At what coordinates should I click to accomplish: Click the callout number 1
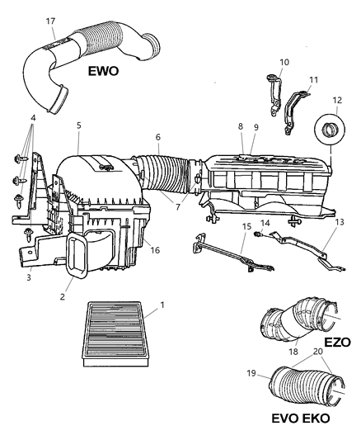pyautogui.click(x=162, y=305)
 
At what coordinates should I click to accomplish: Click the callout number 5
pyautogui.click(x=78, y=125)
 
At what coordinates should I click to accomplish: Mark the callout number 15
pyautogui.click(x=246, y=225)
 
